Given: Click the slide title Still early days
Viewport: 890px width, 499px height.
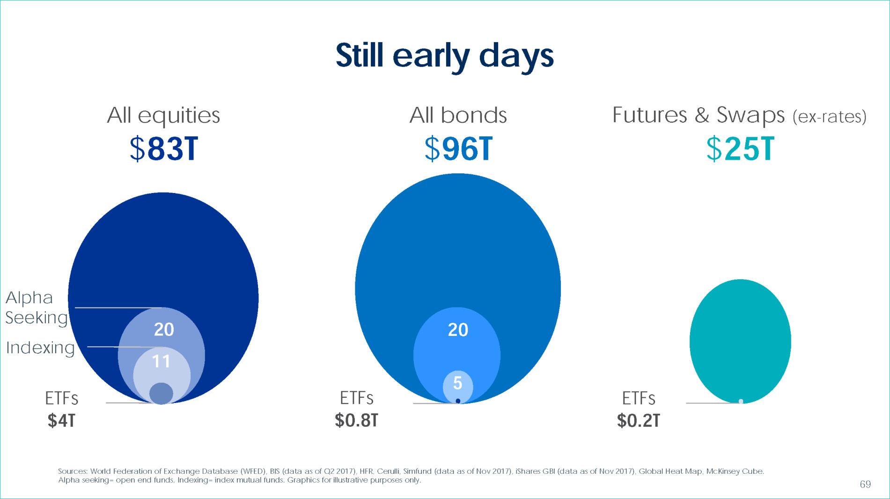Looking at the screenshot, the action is click(445, 56).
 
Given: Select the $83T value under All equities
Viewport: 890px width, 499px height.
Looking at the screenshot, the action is click(164, 149).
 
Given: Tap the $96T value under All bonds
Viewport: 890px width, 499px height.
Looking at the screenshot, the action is click(458, 149).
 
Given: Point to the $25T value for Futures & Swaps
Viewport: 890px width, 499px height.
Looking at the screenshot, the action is click(740, 149).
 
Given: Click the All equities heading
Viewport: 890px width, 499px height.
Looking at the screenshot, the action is click(163, 115).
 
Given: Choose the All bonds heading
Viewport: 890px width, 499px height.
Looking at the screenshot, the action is click(458, 115).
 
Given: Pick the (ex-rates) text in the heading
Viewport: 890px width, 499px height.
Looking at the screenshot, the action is click(829, 117).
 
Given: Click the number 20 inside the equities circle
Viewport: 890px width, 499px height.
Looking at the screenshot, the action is click(164, 329).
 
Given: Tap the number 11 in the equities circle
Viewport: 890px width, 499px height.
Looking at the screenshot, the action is click(161, 361).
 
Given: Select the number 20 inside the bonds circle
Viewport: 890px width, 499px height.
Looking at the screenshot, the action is click(458, 330).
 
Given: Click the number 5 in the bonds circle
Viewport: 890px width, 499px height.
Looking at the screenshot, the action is click(458, 383).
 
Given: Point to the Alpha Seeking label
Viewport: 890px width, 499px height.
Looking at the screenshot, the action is click(37, 307).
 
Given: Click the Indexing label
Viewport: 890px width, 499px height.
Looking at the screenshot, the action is click(40, 348).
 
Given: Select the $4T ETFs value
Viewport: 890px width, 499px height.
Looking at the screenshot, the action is click(61, 421).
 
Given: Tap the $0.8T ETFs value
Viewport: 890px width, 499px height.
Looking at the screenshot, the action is click(356, 420).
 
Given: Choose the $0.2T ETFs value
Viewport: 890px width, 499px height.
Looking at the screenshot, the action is click(639, 421).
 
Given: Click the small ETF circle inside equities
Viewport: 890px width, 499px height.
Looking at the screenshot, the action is click(161, 393).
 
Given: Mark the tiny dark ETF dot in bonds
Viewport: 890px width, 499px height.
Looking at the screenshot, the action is click(458, 401).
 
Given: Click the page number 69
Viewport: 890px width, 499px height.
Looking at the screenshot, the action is click(865, 484).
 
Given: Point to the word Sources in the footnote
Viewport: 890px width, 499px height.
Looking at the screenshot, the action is click(73, 471).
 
